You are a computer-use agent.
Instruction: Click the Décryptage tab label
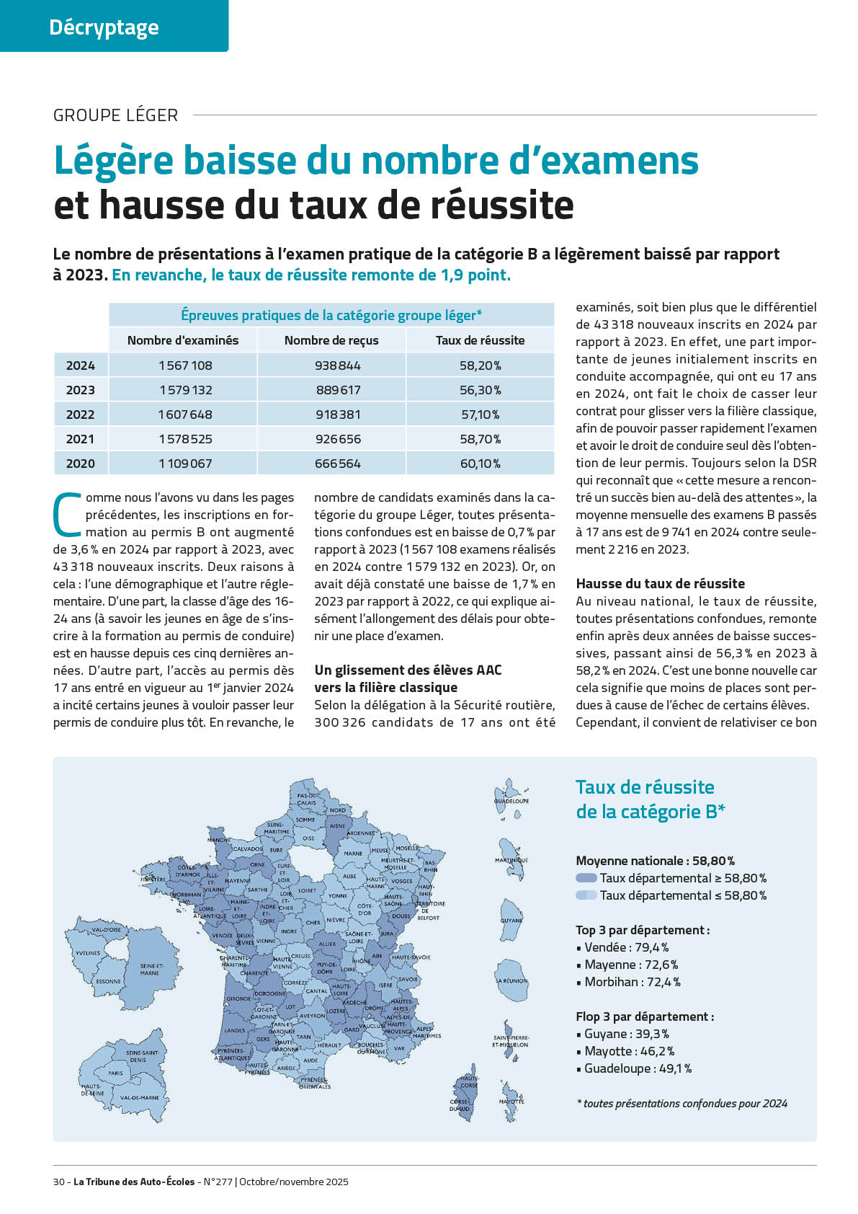[x=104, y=27]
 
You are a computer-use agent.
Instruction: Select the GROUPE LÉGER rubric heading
[x=115, y=115]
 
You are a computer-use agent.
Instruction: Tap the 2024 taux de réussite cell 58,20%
[x=480, y=365]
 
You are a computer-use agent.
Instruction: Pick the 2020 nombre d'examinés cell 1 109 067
[x=185, y=464]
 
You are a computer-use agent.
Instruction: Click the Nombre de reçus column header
[x=331, y=340]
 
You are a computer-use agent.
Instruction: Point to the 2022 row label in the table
[x=81, y=415]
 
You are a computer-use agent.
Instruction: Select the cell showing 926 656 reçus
[x=338, y=439]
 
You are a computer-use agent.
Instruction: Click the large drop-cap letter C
[x=67, y=515]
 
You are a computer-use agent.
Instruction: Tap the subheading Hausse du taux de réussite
[x=660, y=584]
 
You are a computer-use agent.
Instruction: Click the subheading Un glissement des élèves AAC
[x=408, y=670]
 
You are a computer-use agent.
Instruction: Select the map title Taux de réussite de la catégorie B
[x=650, y=799]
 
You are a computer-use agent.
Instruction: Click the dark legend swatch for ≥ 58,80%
[x=586, y=878]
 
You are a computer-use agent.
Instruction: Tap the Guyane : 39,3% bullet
[x=626, y=1034]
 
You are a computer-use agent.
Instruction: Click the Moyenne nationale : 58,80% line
[x=655, y=861]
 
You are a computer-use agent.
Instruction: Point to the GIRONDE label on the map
[x=238, y=999]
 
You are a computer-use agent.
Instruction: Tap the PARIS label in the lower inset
[x=115, y=1073]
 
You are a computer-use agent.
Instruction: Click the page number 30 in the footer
[x=59, y=1182]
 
